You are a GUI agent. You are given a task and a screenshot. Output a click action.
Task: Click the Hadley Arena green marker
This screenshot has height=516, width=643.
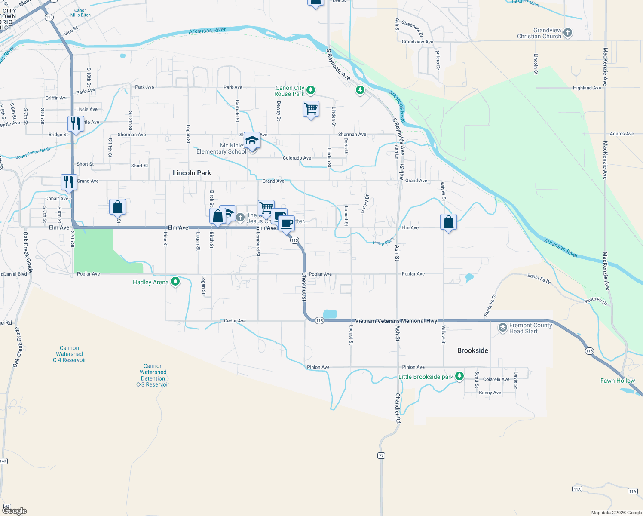[x=175, y=282]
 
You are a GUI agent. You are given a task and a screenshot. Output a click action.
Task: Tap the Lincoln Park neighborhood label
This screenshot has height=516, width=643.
[x=192, y=173]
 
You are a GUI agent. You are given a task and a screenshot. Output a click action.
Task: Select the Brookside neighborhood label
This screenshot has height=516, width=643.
[x=472, y=350]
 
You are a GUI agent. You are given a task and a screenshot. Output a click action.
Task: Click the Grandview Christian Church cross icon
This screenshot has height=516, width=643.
[x=568, y=33]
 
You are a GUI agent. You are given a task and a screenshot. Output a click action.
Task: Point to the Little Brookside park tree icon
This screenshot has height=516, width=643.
[x=459, y=376]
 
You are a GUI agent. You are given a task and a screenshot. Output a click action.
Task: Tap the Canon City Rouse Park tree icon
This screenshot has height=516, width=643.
[x=311, y=90]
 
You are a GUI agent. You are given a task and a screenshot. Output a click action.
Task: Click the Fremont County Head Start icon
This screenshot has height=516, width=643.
[x=502, y=328]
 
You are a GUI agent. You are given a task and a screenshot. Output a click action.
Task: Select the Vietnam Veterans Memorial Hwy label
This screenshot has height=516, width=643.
[x=396, y=321]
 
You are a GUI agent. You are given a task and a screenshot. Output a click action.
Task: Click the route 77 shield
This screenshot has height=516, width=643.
[x=381, y=455]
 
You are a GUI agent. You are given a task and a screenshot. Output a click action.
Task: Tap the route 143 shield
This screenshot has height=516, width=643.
[x=3, y=461]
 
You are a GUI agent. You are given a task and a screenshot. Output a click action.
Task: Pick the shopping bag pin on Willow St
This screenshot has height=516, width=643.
[x=448, y=222]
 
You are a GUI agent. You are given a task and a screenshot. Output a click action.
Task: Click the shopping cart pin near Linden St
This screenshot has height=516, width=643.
[x=311, y=109]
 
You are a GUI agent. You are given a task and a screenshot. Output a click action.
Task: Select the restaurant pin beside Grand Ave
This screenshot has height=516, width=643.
[x=69, y=182]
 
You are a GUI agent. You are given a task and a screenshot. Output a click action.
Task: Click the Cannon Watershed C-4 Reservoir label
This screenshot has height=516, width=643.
[x=69, y=354]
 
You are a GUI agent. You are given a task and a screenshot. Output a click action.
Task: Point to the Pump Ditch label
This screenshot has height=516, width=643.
[x=383, y=242]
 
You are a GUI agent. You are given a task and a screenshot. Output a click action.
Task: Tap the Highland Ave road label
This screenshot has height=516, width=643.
[x=587, y=88]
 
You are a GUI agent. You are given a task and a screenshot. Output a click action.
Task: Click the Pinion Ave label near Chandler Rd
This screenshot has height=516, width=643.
[x=413, y=367]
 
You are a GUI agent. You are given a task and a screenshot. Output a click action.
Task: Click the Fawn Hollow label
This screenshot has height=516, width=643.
[x=617, y=381]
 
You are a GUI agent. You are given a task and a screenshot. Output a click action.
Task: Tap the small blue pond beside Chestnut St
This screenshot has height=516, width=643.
[x=330, y=314]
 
